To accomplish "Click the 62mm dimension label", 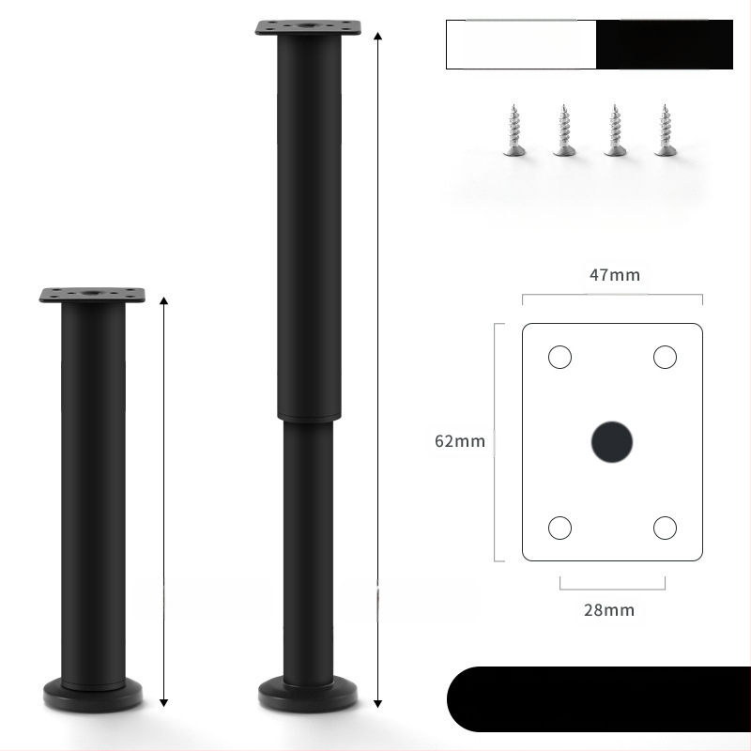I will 460,441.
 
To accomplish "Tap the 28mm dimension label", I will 609,609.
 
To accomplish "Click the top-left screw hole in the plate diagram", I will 559,357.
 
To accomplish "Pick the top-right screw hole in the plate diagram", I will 665,357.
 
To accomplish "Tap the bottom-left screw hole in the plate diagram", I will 559,528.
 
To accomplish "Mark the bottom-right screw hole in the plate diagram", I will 665,528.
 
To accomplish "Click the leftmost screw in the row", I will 513,130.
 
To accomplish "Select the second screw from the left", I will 564,130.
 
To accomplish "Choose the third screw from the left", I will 616,130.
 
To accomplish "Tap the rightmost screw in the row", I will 667,130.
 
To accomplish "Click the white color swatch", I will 521,45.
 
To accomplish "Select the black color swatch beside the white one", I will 665,45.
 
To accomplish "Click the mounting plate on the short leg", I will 93,295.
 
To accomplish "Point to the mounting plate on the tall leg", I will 309,27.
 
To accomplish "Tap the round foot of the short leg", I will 93,697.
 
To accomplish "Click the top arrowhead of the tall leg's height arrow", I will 377,35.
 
